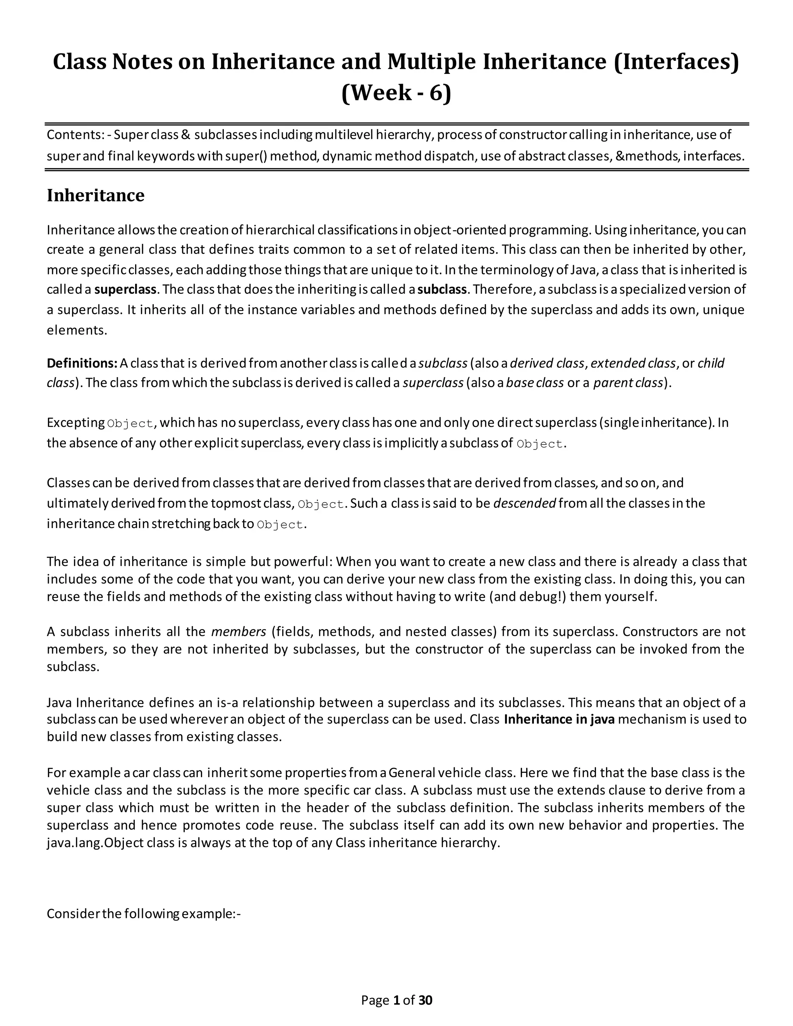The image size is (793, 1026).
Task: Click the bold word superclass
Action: (125, 289)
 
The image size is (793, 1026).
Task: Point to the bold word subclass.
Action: (441, 289)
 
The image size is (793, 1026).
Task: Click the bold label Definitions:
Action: (82, 363)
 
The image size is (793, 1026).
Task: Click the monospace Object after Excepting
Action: (130, 424)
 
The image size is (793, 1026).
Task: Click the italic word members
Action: (239, 632)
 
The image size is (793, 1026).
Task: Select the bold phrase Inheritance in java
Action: (559, 719)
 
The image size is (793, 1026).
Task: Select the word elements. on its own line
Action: (77, 330)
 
